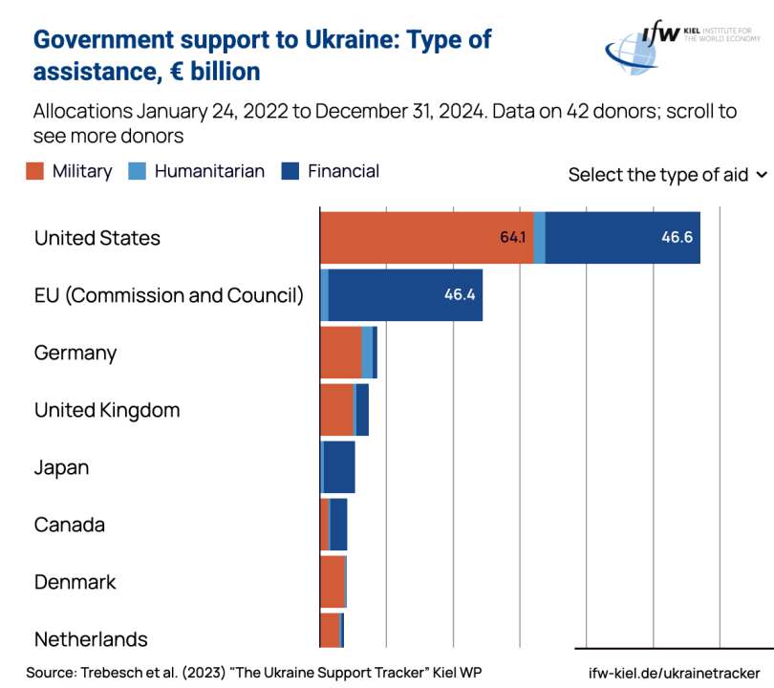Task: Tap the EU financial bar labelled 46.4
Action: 405,295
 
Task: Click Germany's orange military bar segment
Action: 340,353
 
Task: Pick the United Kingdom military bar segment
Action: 336,410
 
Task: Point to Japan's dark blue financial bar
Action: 339,467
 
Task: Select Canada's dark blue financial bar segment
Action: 338,525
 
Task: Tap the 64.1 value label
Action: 514,238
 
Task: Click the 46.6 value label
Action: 677,238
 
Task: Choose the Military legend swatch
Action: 35,172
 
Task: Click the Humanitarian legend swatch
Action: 138,172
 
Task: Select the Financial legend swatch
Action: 290,172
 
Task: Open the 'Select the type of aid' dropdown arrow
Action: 762,175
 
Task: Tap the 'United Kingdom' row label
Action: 107,410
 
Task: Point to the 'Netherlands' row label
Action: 91,639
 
